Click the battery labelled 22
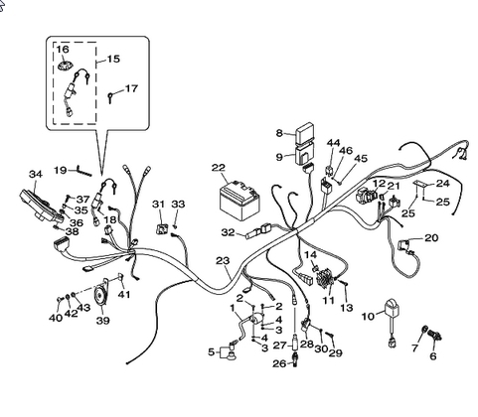(x=239, y=201)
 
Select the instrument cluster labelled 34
(x=42, y=206)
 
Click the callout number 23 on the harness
(x=223, y=261)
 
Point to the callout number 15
(x=113, y=59)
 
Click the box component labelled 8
(x=305, y=133)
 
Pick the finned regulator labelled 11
(x=326, y=278)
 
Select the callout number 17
(x=131, y=88)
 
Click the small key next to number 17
(x=110, y=97)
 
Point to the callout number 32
(x=228, y=232)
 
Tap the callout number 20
(x=431, y=237)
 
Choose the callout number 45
(x=361, y=158)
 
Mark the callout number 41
(x=124, y=294)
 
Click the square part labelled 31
(x=161, y=228)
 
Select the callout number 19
(x=61, y=170)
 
